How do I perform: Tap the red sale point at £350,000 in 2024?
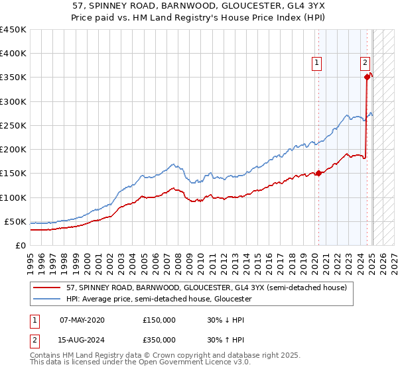click(367, 78)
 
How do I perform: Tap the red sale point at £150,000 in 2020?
click(318, 174)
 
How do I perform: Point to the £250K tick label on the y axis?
click(13, 125)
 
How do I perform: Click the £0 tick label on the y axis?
click(20, 245)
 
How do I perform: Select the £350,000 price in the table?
click(159, 340)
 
